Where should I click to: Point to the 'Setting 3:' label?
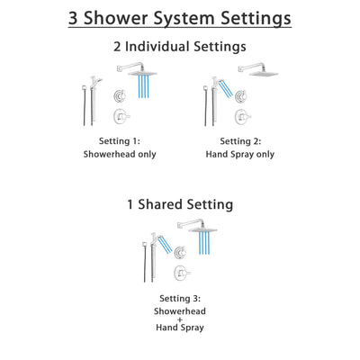click(x=181, y=298)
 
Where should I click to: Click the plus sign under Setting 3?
click(x=181, y=321)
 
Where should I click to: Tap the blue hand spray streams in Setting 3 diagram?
click(x=165, y=243)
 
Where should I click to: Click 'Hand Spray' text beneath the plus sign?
click(x=181, y=333)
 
